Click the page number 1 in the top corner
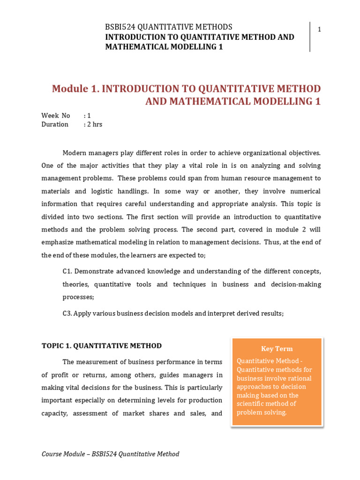point(319,30)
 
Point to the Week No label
point(55,115)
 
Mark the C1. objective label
point(67,271)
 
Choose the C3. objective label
point(67,313)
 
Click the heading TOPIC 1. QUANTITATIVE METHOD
point(102,346)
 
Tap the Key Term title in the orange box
point(277,349)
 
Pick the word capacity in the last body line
point(54,413)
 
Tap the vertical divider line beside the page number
point(310,37)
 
